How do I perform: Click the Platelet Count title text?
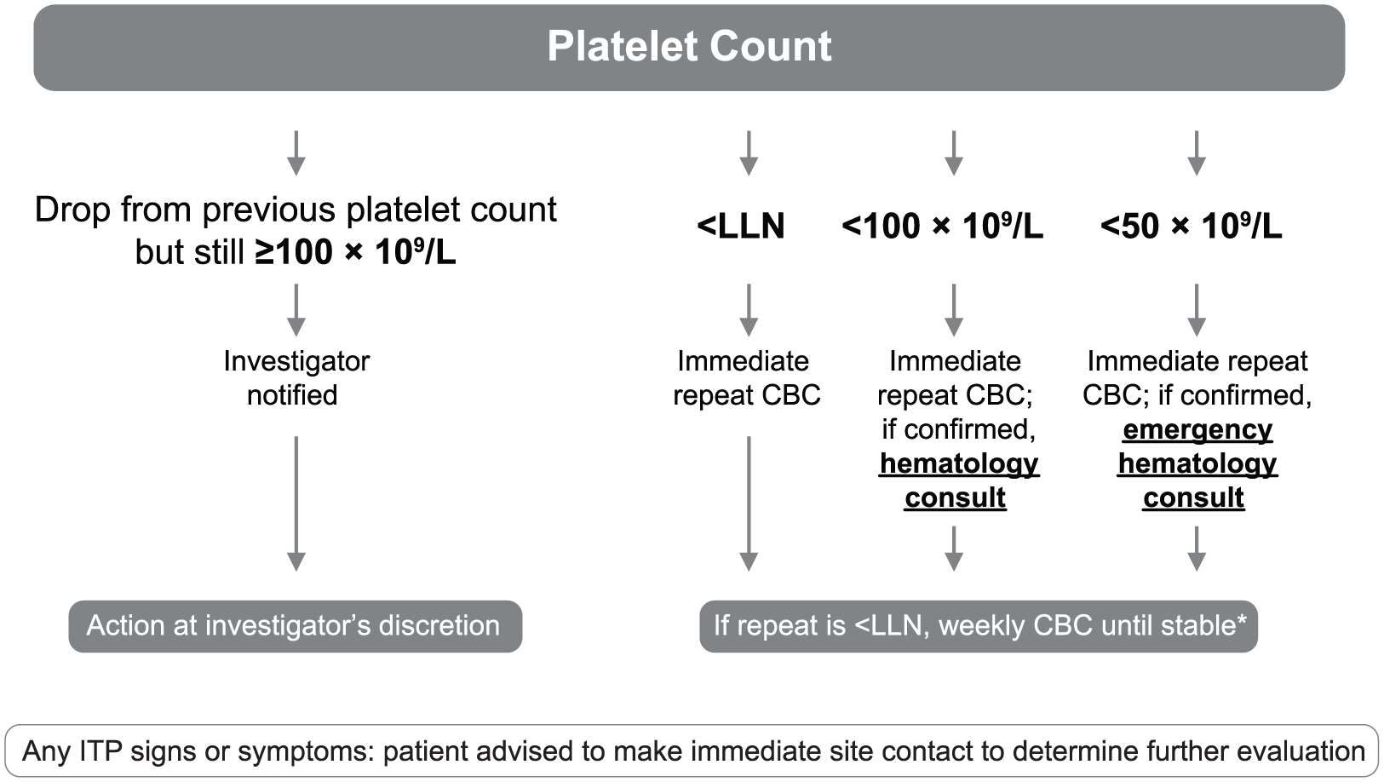690,46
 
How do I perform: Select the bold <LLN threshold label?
741,226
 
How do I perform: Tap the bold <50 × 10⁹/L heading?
1192,226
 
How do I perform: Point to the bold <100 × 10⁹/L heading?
942,226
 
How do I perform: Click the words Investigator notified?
296,377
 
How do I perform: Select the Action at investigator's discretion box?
296,626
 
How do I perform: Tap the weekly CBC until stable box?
979,626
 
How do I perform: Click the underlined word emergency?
1197,429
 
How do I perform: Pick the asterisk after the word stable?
1241,618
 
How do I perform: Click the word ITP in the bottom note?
98,751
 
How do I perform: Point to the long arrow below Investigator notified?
296,503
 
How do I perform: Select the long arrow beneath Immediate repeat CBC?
749,503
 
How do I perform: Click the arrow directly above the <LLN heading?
749,153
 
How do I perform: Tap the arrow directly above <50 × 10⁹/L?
1197,153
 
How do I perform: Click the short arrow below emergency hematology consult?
1197,549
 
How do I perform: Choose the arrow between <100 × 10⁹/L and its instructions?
954,310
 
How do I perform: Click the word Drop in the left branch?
74,210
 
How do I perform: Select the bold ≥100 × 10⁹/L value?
356,251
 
